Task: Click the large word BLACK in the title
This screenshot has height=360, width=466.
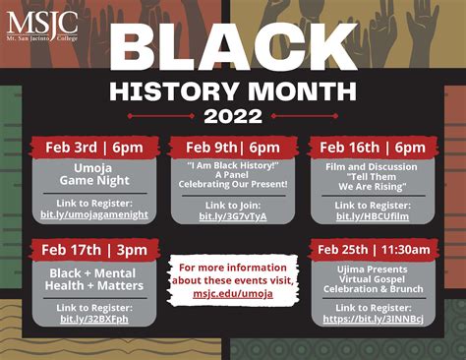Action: tap(232, 48)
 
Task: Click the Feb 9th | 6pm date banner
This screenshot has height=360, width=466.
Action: tap(232, 148)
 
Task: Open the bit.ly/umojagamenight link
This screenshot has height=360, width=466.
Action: tap(92, 213)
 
